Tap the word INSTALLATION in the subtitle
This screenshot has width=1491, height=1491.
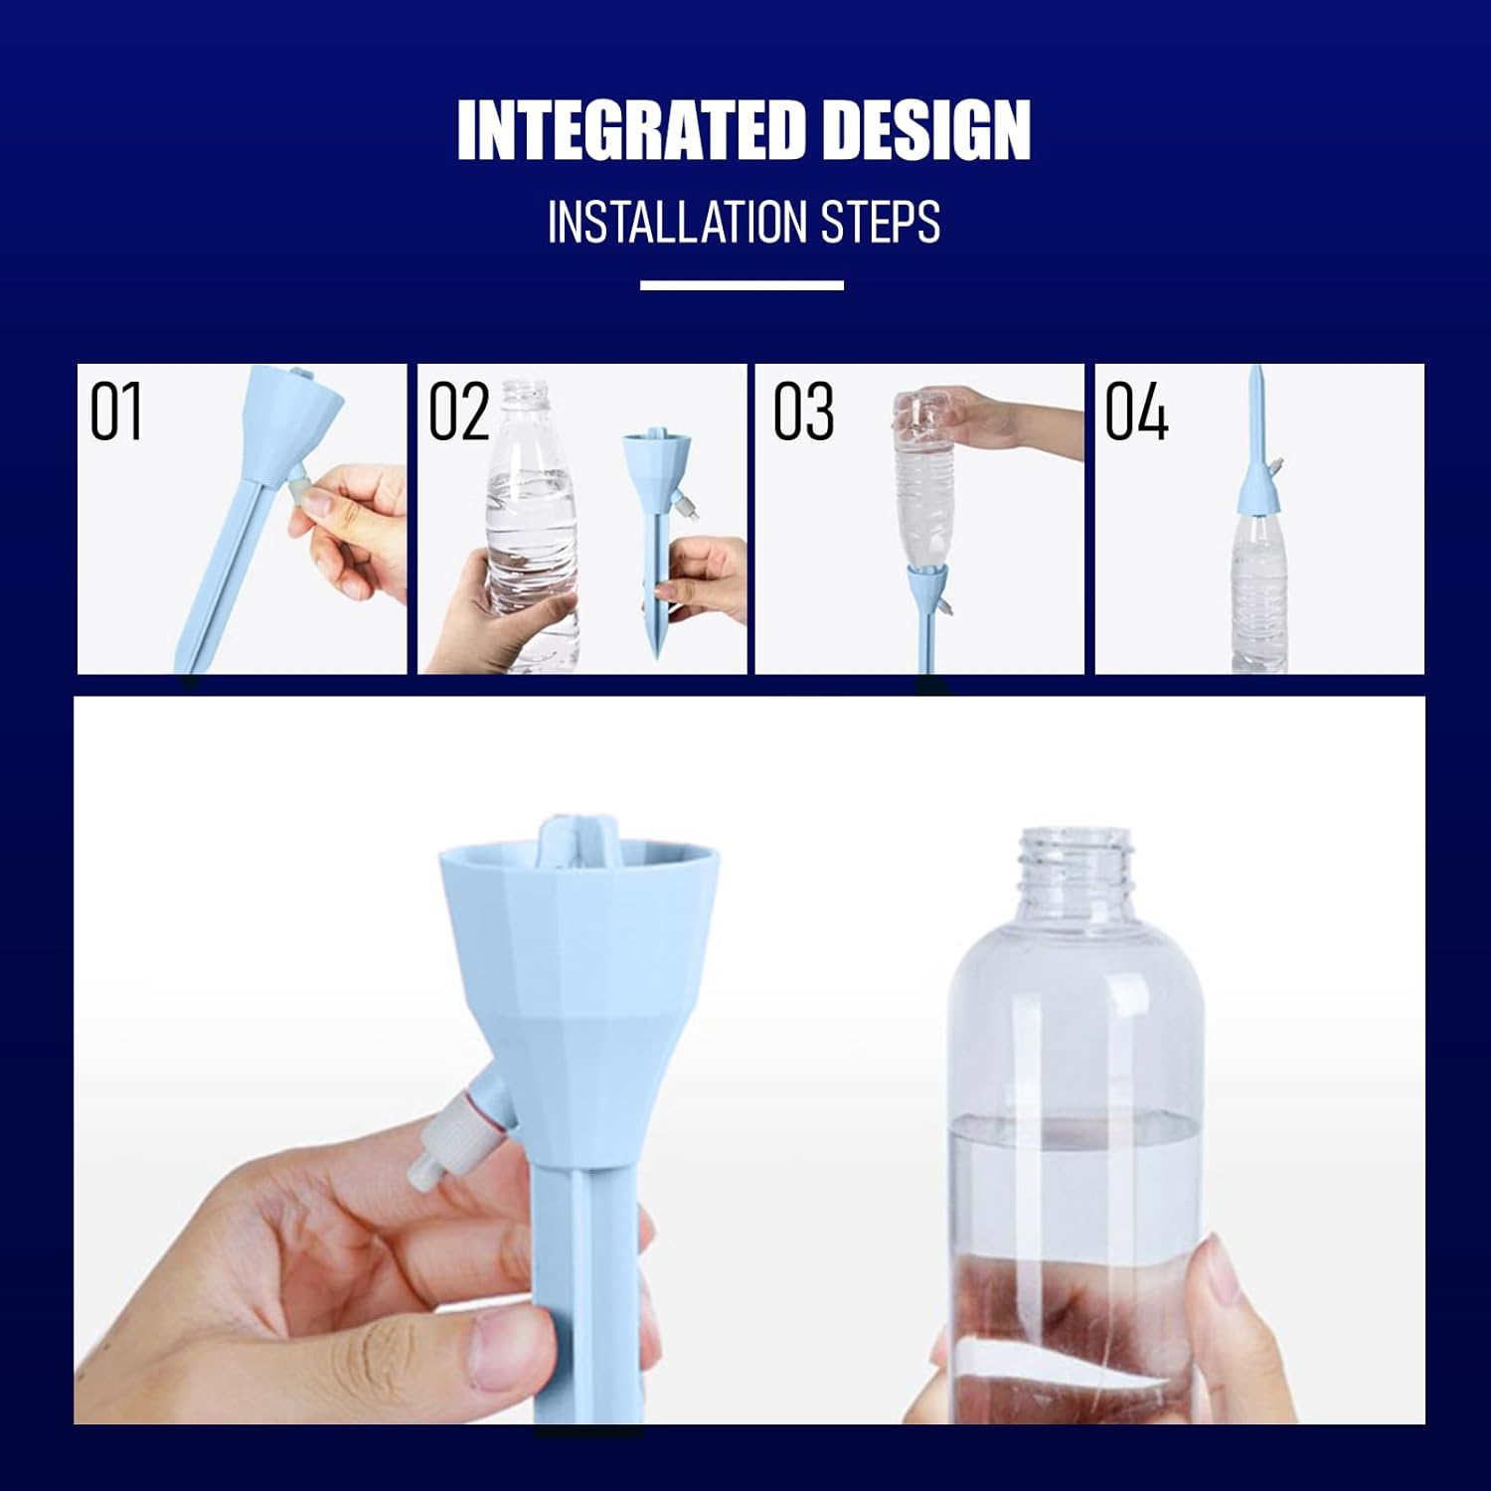point(676,222)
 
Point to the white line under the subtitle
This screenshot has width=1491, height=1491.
point(742,285)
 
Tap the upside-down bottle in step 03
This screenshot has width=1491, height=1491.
point(925,487)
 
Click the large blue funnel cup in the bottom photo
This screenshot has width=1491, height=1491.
point(577,954)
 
